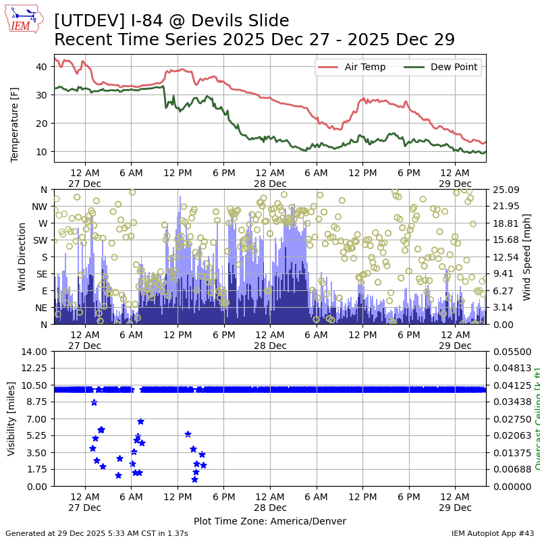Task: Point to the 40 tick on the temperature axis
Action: pyautogui.click(x=40, y=66)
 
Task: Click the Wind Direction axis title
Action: pyautogui.click(x=22, y=256)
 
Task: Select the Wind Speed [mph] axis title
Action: pyautogui.click(x=527, y=256)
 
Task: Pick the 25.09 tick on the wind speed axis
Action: pyautogui.click(x=504, y=190)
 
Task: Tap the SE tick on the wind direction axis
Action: pyautogui.click(x=43, y=274)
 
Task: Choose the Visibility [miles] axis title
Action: pyautogui.click(x=11, y=418)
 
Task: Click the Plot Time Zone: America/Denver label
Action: pyautogui.click(x=270, y=521)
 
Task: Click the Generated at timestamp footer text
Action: pyautogui.click(x=97, y=533)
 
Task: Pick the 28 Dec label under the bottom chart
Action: pyautogui.click(x=269, y=508)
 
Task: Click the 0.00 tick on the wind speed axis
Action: pyautogui.click(x=502, y=324)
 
